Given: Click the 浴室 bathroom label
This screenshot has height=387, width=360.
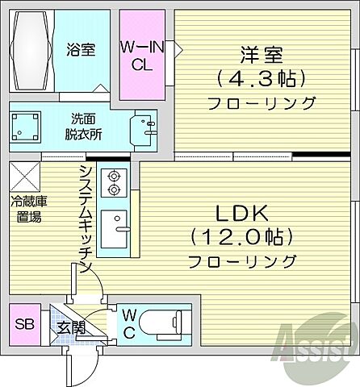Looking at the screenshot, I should click(80, 50).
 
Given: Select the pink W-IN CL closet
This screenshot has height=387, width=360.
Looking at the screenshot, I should click(142, 54).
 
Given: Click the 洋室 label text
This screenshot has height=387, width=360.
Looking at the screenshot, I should click(261, 56).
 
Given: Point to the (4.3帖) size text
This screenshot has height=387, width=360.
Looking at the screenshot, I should click(261, 79).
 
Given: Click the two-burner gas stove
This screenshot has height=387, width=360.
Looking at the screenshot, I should click(114, 182).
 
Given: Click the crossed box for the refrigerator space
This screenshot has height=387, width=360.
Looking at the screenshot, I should click(24, 176).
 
